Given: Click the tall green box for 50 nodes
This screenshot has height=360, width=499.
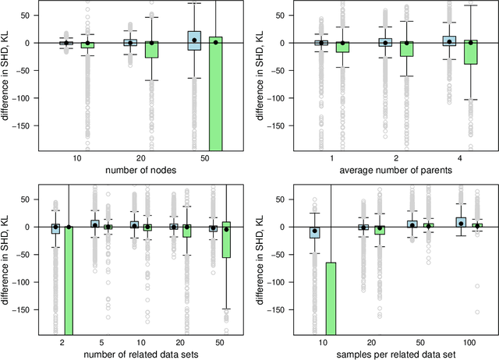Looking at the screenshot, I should (216, 94).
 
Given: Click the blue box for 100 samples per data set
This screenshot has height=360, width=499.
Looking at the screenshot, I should (461, 222).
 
